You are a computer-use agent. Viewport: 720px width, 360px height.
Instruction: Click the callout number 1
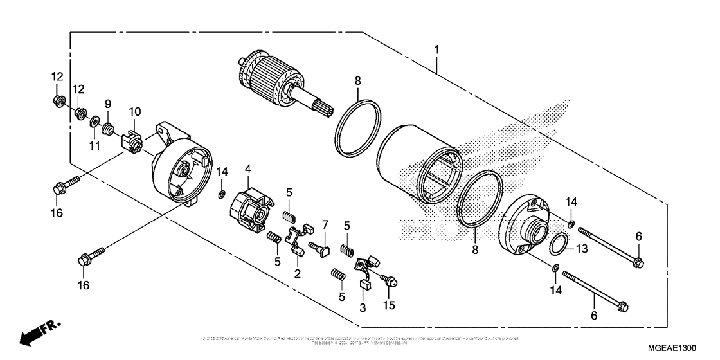pos(437,50)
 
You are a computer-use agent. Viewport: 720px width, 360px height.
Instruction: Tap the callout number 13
pos(581,249)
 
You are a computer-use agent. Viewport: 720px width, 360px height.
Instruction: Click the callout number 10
pos(134,111)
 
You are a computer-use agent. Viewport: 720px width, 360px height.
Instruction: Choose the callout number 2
pos(298,273)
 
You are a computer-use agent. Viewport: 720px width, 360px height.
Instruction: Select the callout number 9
pos(108,104)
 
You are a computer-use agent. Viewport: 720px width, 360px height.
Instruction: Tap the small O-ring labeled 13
pos(558,244)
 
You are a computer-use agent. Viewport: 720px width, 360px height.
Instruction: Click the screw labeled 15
pos(388,280)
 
